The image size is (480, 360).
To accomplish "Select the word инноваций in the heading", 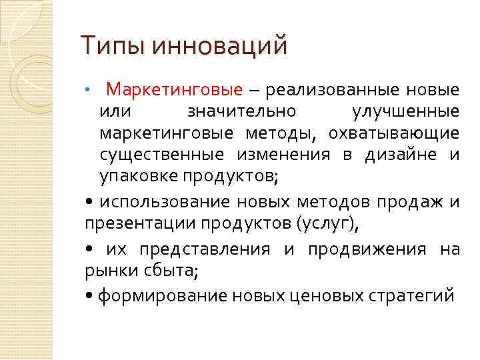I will point(220,46).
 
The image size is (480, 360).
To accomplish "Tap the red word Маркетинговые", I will point(175,89).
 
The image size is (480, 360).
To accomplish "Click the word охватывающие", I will point(393,133).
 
